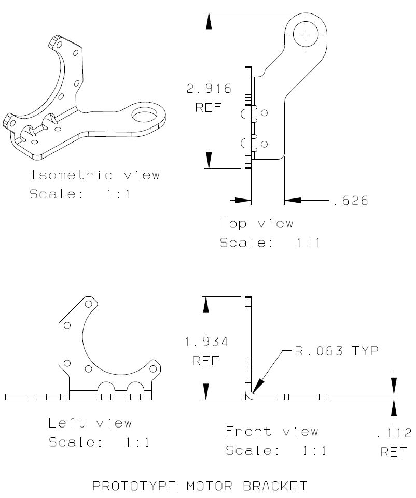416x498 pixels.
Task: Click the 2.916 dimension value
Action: [x=209, y=89]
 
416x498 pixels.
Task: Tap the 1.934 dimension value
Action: [x=206, y=342]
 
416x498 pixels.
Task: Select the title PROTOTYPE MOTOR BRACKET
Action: [x=200, y=486]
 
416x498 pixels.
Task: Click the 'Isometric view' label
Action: [x=95, y=175]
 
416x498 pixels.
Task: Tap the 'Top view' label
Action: [x=257, y=224]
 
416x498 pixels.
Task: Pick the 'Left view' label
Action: [x=90, y=423]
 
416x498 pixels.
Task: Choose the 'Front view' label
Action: [x=272, y=431]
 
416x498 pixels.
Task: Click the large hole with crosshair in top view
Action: [x=306, y=33]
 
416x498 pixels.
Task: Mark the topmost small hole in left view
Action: [x=88, y=304]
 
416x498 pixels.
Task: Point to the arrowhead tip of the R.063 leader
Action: [x=251, y=391]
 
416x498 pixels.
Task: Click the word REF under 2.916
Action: [x=209, y=108]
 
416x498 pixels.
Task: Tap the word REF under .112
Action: [x=394, y=452]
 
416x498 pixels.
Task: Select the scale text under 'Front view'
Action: [x=276, y=451]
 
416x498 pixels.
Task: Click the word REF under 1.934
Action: [x=206, y=361]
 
